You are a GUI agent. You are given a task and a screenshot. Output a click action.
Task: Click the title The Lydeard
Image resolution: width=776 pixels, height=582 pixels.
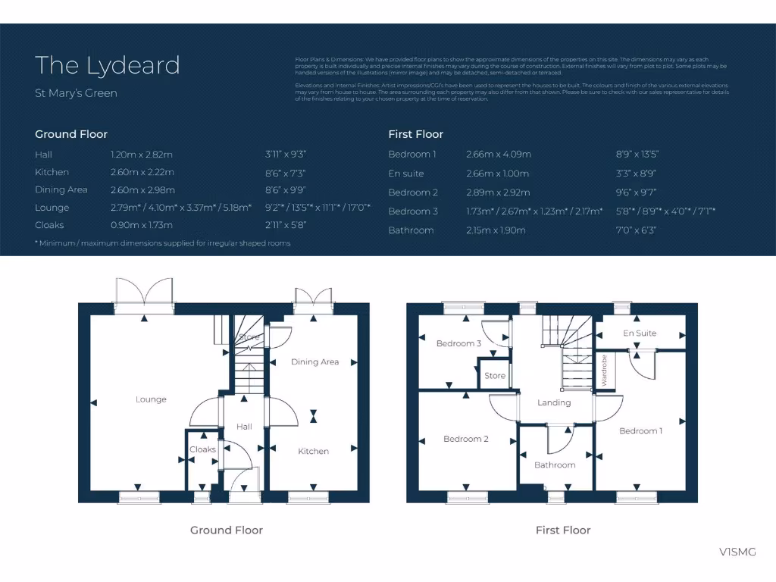click(107, 65)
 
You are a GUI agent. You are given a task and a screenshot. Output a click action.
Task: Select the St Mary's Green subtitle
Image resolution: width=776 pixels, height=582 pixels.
click(76, 93)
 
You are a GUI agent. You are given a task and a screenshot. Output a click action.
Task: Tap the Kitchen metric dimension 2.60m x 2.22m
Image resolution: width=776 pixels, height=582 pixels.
click(142, 172)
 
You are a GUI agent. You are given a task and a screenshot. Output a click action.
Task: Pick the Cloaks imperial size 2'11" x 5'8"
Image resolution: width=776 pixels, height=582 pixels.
click(286, 225)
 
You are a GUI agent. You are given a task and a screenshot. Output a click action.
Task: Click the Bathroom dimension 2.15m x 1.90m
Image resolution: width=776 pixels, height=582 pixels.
click(496, 230)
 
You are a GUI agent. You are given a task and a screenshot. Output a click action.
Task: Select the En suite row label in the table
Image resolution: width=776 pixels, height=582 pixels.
click(406, 174)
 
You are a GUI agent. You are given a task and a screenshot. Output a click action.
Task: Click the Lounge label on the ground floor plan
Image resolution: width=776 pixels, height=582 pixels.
click(151, 399)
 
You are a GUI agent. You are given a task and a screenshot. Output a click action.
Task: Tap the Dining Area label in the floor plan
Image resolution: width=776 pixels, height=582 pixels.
click(314, 362)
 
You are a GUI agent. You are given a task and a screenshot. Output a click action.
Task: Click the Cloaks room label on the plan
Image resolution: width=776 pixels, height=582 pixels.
click(202, 449)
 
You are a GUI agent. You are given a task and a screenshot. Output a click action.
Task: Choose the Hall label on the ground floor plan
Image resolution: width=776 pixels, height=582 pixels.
click(244, 427)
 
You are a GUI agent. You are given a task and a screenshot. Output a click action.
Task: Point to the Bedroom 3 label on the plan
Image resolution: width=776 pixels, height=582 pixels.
click(458, 343)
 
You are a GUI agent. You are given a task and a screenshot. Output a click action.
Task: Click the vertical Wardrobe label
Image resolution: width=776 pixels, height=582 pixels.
click(604, 371)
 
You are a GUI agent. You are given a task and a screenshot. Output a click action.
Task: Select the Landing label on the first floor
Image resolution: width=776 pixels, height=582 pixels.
click(554, 402)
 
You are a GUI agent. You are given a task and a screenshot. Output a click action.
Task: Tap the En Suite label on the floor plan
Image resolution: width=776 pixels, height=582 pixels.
click(640, 333)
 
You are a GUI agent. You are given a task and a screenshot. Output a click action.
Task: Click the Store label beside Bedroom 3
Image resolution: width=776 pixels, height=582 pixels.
click(495, 376)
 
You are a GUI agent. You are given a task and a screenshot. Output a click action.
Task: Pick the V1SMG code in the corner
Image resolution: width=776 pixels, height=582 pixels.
click(737, 552)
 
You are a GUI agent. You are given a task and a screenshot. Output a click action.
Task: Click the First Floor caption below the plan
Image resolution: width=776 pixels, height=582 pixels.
click(562, 530)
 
